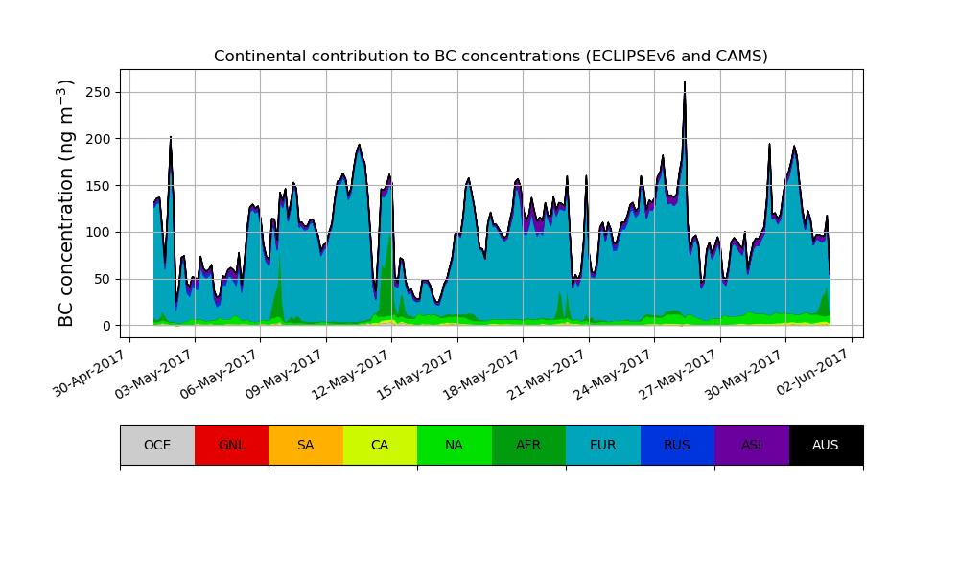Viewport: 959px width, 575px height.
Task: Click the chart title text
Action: (x=491, y=57)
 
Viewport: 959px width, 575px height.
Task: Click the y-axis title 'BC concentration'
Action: (x=66, y=203)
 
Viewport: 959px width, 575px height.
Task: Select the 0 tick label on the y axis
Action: (x=107, y=326)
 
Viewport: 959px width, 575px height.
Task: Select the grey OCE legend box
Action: (x=157, y=445)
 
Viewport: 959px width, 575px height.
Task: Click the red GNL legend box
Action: (x=231, y=445)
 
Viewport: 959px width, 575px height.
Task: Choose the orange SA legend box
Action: (x=306, y=445)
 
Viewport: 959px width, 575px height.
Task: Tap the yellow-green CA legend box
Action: (x=380, y=445)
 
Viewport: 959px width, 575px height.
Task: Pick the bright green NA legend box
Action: (x=455, y=445)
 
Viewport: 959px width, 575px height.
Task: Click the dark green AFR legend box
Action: (x=528, y=445)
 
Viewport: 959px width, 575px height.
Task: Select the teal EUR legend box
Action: (x=603, y=445)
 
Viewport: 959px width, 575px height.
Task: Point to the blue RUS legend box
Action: (x=677, y=445)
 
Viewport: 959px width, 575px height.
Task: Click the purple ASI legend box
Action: (x=752, y=445)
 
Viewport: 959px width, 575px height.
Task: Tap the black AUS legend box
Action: (x=826, y=445)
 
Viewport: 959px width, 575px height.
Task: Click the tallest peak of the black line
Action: (x=685, y=82)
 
